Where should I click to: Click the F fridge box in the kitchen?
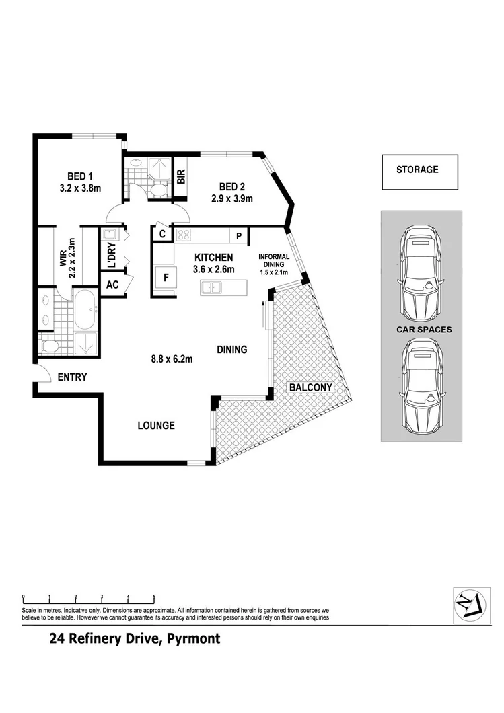click(164, 276)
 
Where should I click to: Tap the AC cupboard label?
click(112, 285)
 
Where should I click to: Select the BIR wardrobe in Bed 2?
click(180, 176)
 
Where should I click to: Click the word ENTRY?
click(72, 377)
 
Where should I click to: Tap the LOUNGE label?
click(156, 425)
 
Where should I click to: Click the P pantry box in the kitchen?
click(239, 235)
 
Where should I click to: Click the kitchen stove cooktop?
click(184, 235)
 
